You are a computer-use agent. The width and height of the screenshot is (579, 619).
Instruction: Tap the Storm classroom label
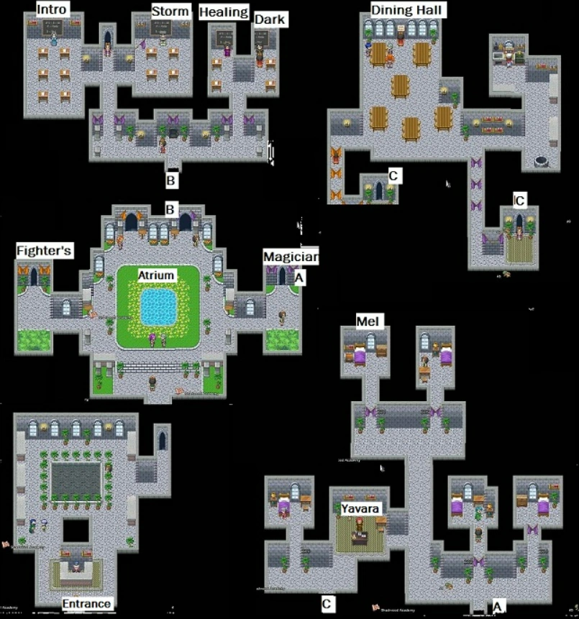tap(170, 11)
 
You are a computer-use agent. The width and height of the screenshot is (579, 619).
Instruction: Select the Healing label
tap(223, 12)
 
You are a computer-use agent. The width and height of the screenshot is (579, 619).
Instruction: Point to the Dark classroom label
tap(270, 19)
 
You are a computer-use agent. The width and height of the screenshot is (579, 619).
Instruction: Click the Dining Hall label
tap(408, 9)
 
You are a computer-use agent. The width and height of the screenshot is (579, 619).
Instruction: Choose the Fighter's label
tap(44, 251)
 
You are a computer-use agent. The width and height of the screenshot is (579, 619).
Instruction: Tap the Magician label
tap(290, 257)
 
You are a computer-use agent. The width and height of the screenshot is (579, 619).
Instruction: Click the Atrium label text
tap(157, 275)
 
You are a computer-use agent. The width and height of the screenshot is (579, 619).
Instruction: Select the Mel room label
tap(370, 320)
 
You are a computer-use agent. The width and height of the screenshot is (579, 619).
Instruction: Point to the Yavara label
tap(360, 508)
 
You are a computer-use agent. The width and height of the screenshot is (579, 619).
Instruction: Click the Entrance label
tap(86, 603)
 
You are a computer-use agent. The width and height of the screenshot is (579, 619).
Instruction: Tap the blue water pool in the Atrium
tap(158, 307)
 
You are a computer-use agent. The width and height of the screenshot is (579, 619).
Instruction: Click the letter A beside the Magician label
tap(300, 275)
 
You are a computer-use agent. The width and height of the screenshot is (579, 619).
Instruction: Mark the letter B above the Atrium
tap(170, 209)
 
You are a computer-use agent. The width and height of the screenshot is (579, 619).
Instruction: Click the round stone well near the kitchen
tap(541, 158)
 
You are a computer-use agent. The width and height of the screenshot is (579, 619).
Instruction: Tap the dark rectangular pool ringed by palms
tap(76, 477)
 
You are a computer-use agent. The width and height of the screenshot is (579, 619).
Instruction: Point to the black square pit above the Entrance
tap(75, 531)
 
